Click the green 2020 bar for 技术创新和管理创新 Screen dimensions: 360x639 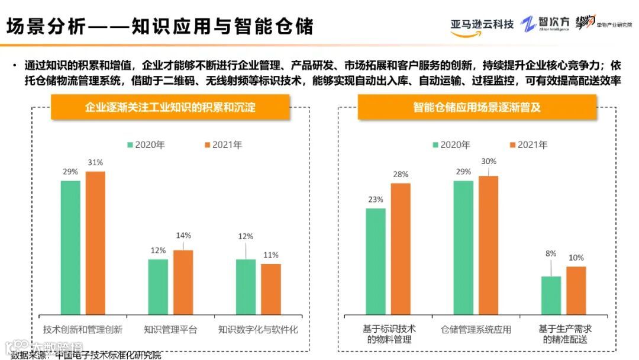(x=70, y=247)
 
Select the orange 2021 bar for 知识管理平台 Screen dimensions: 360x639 (x=183, y=282)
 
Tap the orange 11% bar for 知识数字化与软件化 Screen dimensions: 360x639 (x=271, y=288)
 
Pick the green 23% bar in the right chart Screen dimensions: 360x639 (x=376, y=261)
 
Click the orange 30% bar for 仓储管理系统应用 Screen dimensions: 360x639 (x=488, y=245)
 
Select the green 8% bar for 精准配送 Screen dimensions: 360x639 (x=551, y=295)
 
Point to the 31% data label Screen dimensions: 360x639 (x=95, y=162)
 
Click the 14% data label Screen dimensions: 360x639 (x=183, y=235)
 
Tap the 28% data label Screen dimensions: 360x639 (x=401, y=174)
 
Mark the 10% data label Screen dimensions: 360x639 (x=576, y=258)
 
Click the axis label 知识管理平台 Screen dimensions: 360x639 (x=170, y=329)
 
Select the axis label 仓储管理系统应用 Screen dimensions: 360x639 (x=476, y=329)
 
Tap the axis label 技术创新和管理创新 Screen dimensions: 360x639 (x=83, y=329)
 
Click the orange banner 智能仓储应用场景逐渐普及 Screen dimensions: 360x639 (x=477, y=107)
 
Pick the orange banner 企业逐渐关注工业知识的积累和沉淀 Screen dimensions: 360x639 (x=170, y=107)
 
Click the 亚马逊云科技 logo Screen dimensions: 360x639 (x=482, y=25)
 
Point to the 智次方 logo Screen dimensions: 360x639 (x=546, y=24)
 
